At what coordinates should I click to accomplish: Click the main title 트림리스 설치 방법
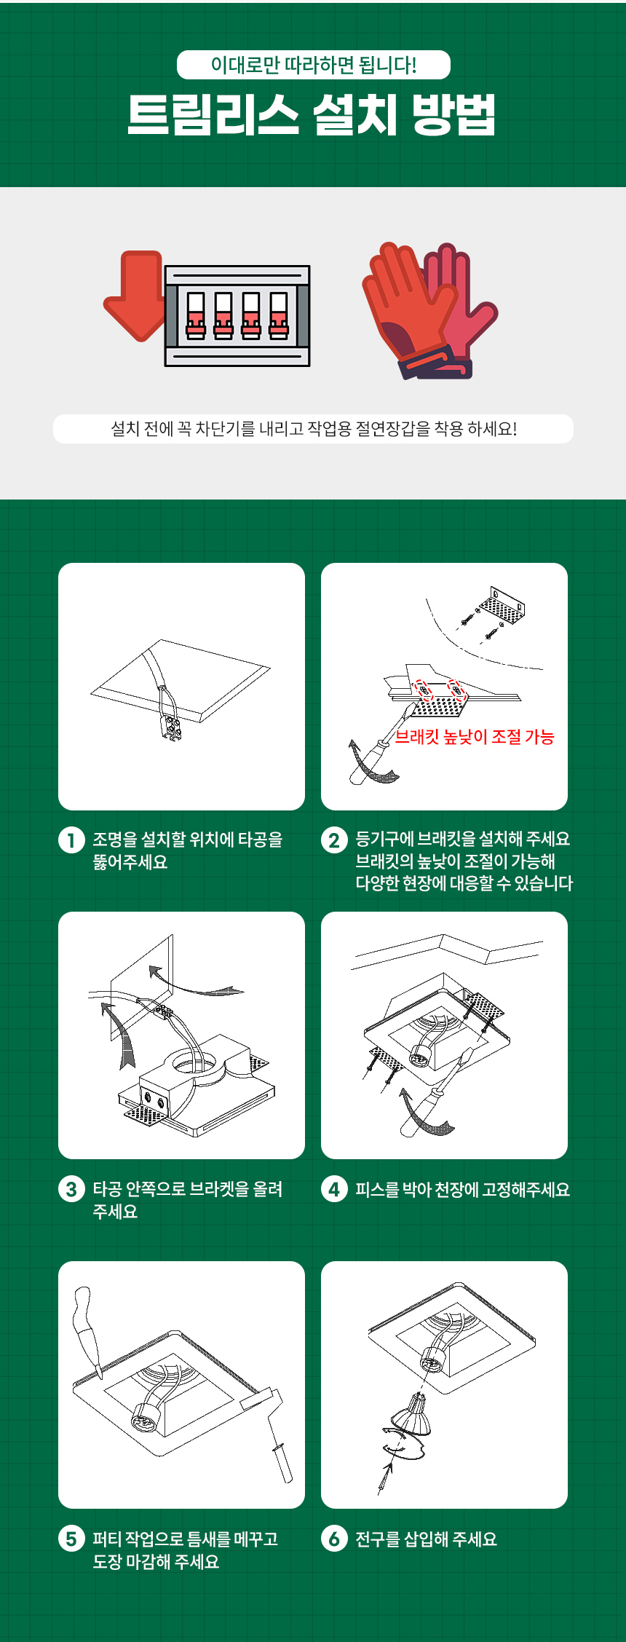pos(312,114)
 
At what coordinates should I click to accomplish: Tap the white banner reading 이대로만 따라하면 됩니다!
pos(313,65)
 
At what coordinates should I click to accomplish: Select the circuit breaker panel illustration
pos(237,315)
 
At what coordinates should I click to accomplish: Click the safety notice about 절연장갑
pos(313,428)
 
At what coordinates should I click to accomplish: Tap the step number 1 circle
pos(71,840)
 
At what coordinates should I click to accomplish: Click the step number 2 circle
pos(334,840)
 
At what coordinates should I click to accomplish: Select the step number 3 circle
pos(71,1189)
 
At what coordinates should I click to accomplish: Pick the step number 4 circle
pos(334,1189)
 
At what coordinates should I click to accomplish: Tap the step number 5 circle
pos(71,1539)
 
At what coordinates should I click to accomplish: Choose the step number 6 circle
pos(334,1539)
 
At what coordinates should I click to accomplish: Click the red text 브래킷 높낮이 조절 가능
pos(475,737)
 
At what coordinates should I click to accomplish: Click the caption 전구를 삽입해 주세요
pos(426,1539)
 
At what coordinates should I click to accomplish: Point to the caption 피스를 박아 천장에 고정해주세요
pos(462,1189)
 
